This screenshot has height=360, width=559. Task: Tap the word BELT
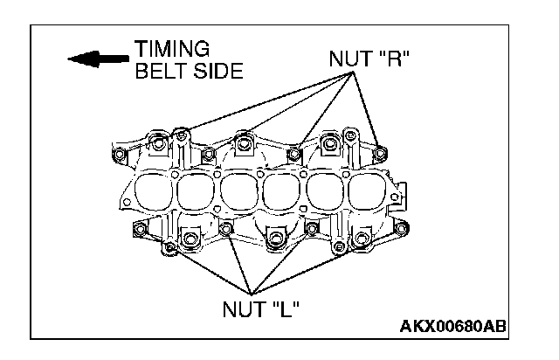coord(157,70)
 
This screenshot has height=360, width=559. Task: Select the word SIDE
coord(212,70)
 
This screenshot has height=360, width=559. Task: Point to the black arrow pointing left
coord(96,59)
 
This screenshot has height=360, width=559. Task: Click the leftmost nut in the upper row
coord(120,156)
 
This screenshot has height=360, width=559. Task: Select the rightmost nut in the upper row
coord(380,155)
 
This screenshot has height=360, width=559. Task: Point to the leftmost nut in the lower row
coord(140,230)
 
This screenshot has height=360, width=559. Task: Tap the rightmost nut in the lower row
coord(403,230)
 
